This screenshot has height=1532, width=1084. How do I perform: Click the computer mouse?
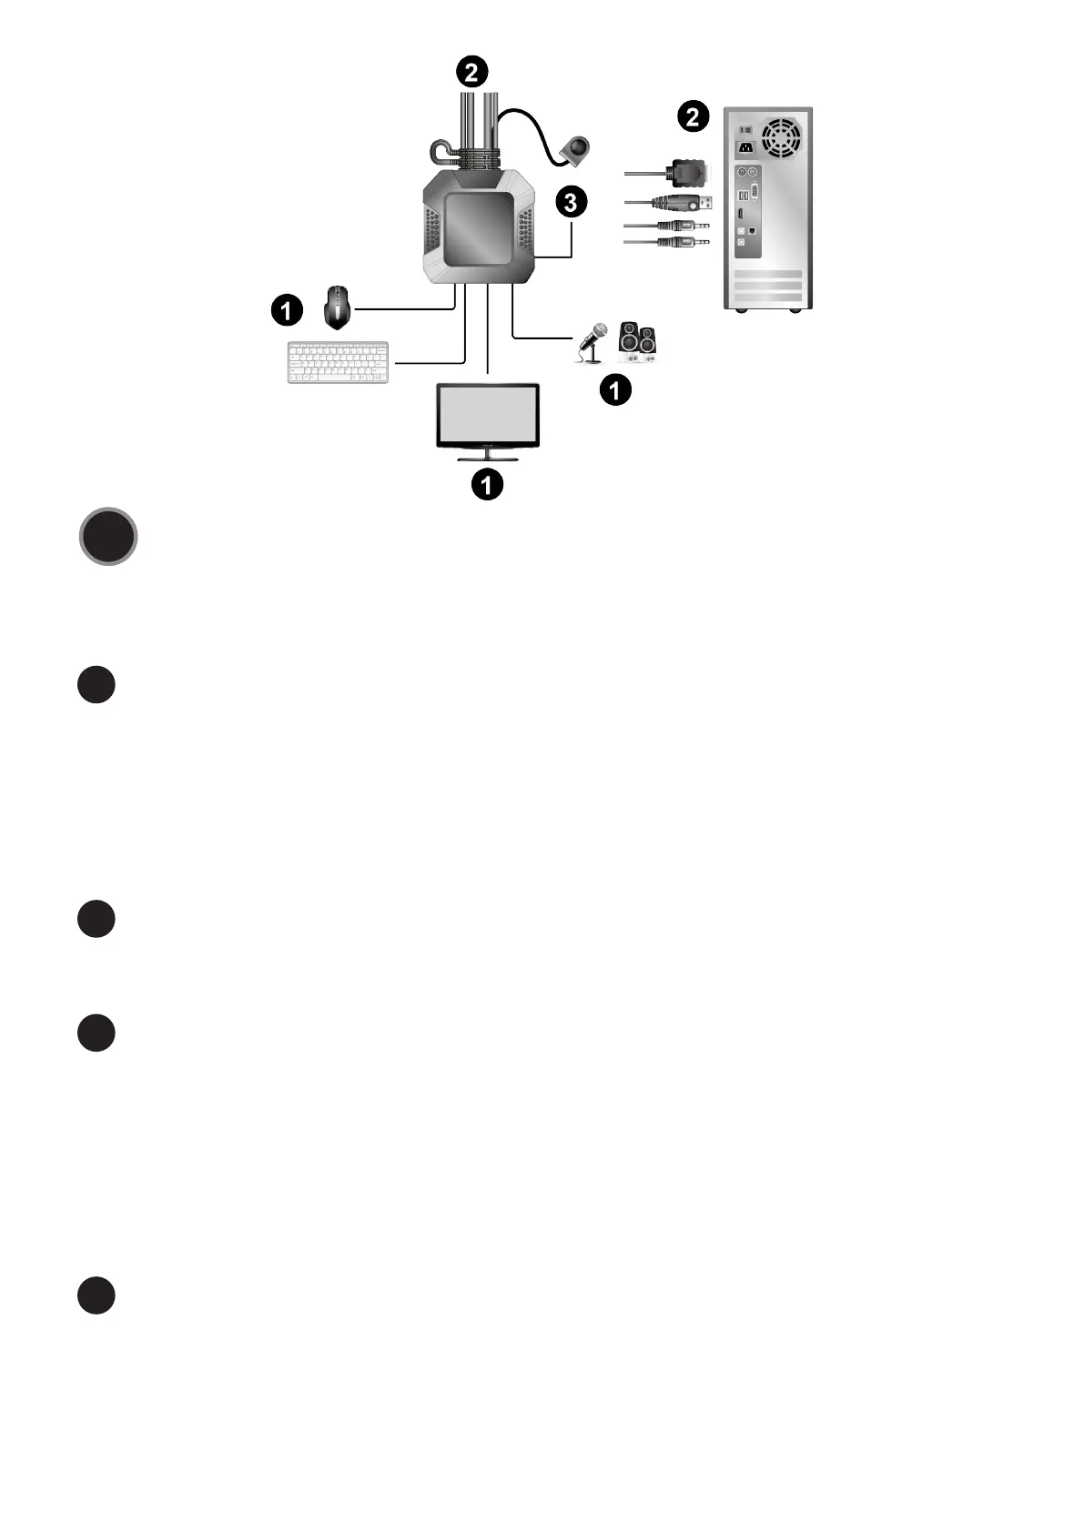pos(338,307)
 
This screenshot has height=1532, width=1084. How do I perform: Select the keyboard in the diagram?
pos(338,362)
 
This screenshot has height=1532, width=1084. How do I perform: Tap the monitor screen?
pos(488,413)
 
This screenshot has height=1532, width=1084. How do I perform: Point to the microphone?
pos(593,340)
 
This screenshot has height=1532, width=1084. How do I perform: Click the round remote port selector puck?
pos(576,149)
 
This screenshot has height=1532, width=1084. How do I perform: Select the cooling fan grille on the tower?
pos(781,136)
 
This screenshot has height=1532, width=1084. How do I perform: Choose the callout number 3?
pos(571,202)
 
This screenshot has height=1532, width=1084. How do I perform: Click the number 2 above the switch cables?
pos(471,71)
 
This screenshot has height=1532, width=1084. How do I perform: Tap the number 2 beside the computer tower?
pos(693,116)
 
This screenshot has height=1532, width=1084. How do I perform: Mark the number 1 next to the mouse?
pos(286,311)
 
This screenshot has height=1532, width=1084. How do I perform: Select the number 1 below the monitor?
pos(487,484)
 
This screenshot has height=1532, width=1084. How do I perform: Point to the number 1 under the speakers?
pos(615,390)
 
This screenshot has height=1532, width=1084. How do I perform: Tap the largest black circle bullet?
pos(108,538)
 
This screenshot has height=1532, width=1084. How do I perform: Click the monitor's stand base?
pos(488,459)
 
